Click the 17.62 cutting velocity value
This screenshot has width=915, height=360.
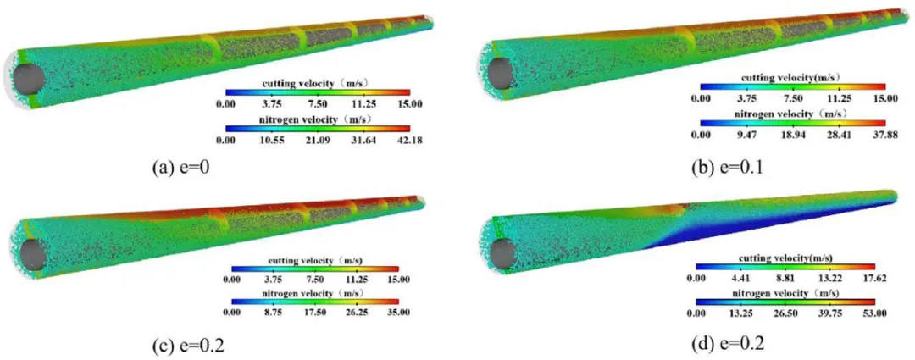874,279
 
